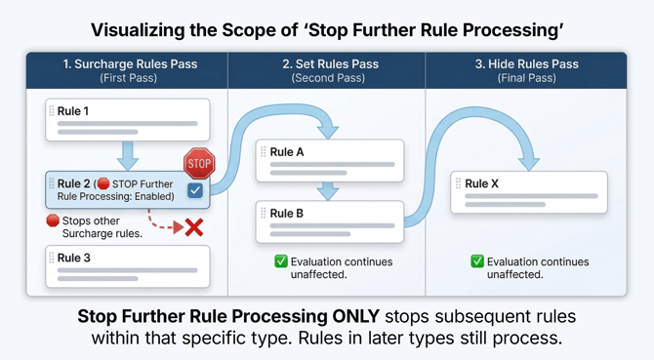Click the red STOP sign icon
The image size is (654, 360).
click(x=199, y=163)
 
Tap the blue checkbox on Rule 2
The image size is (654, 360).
click(x=195, y=190)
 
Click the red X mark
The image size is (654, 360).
click(x=194, y=227)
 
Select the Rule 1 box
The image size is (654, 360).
click(x=127, y=119)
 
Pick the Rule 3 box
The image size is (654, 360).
click(x=127, y=265)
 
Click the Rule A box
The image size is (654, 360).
click(x=330, y=160)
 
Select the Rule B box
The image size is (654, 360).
click(x=330, y=221)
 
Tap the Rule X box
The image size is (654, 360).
click(x=529, y=191)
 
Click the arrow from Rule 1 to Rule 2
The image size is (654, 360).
click(x=127, y=154)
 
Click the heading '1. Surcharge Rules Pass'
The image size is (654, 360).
click(x=130, y=64)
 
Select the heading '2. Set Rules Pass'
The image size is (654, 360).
click(x=327, y=64)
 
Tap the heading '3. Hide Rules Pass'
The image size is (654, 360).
click(x=526, y=64)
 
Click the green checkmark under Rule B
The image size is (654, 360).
click(x=281, y=261)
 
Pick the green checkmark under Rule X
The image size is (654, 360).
click(x=477, y=261)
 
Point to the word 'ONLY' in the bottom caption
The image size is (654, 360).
click(x=357, y=316)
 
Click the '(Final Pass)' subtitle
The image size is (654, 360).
click(x=526, y=78)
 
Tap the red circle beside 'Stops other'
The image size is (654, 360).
click(x=53, y=220)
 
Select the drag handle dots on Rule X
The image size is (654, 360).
click(x=457, y=182)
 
